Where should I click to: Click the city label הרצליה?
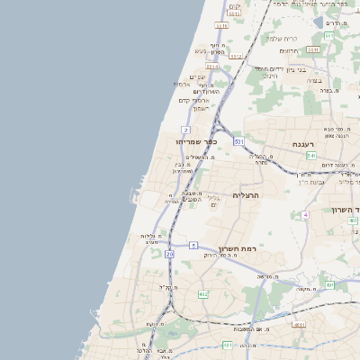(246, 194)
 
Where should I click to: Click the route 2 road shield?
(185, 130)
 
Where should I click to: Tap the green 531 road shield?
(238, 142)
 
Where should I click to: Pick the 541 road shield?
(310, 156)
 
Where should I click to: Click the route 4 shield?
(306, 215)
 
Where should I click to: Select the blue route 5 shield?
(193, 245)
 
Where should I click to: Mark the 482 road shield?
(203, 294)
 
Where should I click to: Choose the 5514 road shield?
(212, 66)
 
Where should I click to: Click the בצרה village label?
(312, 81)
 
